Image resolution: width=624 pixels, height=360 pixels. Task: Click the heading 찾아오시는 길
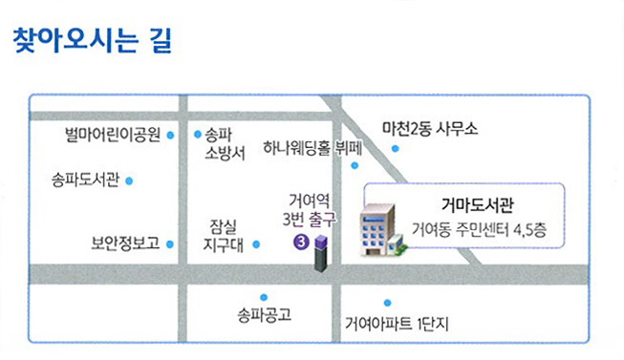(91, 42)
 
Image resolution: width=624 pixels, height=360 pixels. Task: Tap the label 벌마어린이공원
(112, 136)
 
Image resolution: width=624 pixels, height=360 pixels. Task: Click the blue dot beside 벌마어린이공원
(171, 137)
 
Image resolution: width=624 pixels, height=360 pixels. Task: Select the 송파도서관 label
(86, 180)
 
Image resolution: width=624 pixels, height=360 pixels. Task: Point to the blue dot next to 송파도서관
(129, 180)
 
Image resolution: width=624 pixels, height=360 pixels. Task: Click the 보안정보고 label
(118, 244)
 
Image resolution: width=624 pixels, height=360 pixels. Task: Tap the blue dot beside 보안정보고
(171, 244)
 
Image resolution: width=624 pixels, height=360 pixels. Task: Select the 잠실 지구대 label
(226, 235)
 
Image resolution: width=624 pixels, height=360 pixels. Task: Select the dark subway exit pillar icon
(321, 254)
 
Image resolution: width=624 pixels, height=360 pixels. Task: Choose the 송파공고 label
(264, 314)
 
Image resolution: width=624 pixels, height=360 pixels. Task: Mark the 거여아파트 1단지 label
(397, 323)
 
